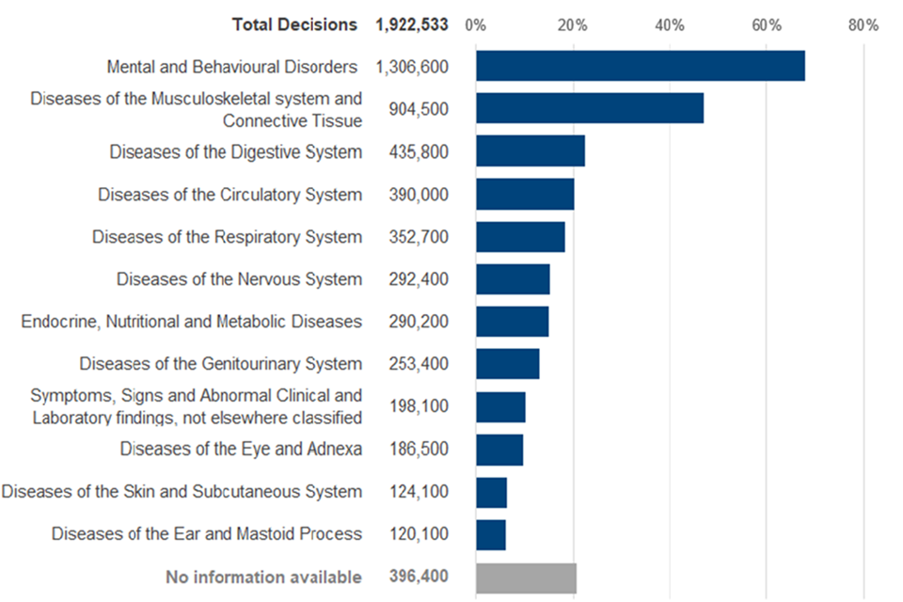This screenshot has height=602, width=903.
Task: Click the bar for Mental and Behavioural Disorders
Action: (640, 66)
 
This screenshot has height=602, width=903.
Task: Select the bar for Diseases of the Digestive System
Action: (531, 150)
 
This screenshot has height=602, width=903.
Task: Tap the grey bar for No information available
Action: (526, 578)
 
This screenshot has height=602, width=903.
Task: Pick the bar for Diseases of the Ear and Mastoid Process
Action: (491, 534)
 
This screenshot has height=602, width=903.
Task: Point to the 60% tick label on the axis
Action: (767, 24)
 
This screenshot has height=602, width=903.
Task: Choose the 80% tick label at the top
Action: (863, 24)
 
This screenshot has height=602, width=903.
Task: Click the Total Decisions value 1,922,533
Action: (411, 24)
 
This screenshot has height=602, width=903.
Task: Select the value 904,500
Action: (419, 109)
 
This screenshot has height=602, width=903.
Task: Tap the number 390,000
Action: (419, 194)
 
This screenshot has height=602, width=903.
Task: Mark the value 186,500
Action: (419, 449)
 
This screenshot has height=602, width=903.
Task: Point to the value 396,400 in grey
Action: (419, 577)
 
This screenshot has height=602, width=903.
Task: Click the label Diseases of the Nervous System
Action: (239, 278)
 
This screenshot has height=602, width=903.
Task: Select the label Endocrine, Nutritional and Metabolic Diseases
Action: (191, 322)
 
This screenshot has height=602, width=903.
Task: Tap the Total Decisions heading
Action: (294, 24)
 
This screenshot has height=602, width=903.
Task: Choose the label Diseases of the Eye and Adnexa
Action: (241, 449)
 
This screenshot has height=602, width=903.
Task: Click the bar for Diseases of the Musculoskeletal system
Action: (589, 108)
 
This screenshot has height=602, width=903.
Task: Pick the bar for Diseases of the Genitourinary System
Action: (508, 364)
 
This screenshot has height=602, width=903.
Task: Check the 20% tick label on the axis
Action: (573, 24)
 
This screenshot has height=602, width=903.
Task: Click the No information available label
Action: (263, 577)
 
